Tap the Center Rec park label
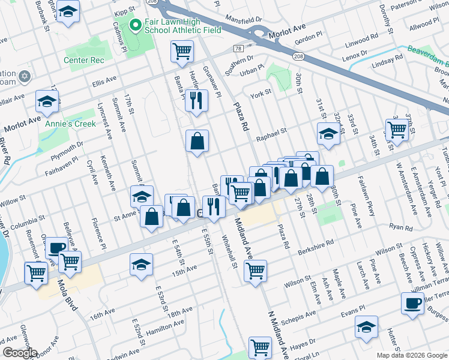click(x=85, y=60)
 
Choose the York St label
click(x=261, y=94)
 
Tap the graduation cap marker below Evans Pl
click(x=366, y=327)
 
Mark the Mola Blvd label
click(x=68, y=295)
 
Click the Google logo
click(x=19, y=353)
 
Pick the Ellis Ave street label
click(x=103, y=80)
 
